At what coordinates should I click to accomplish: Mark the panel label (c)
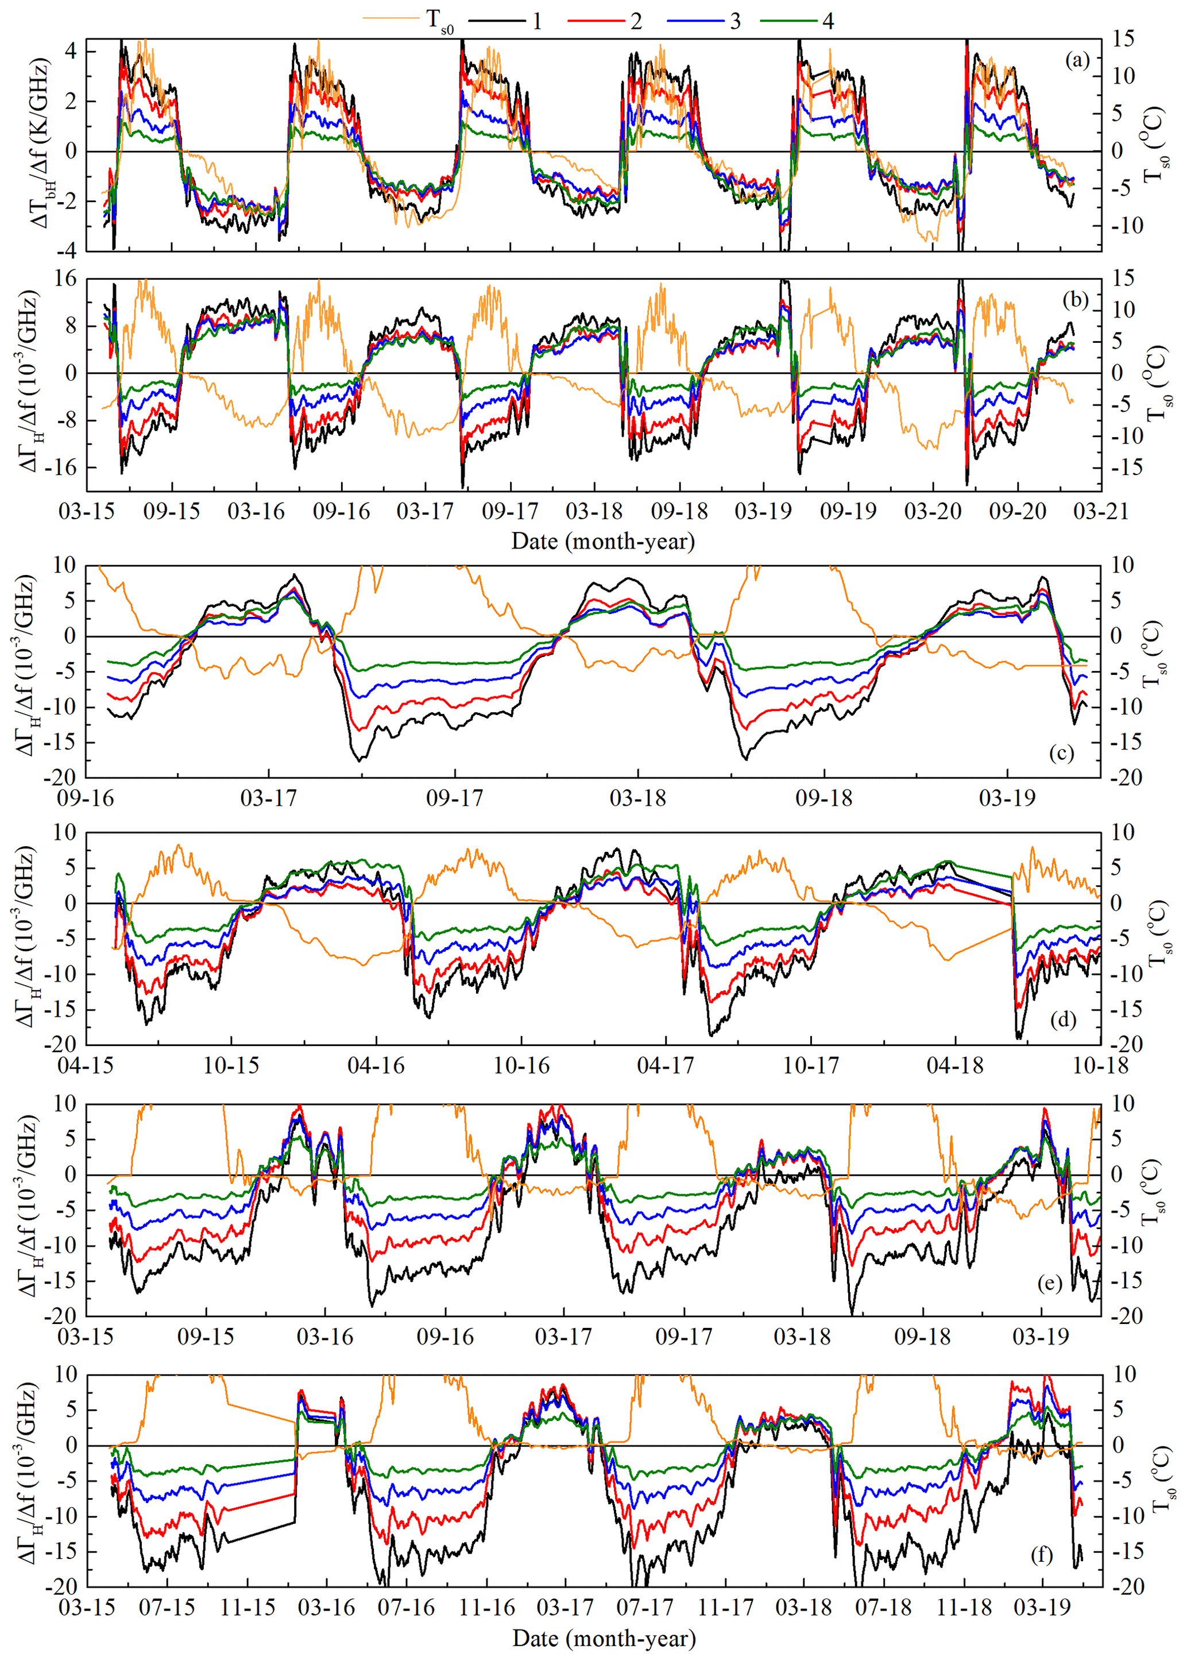(1061, 754)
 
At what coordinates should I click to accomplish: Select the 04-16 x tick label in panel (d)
(376, 1065)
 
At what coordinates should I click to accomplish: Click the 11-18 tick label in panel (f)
(964, 1608)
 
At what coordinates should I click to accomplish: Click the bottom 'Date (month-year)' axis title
(604, 1638)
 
